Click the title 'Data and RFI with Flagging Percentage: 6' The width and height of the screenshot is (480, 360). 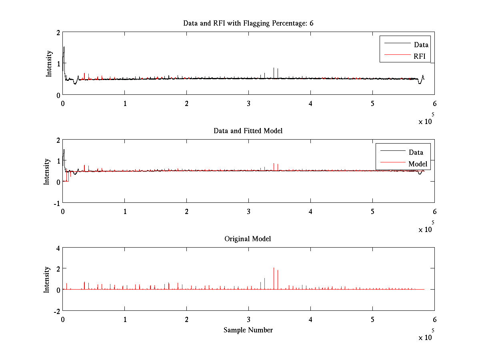(x=248, y=23)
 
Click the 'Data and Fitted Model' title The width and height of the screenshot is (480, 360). (x=248, y=131)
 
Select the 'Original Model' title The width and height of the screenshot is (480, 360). (x=248, y=239)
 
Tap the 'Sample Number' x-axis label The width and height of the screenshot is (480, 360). (x=248, y=330)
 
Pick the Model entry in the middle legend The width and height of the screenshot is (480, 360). (x=418, y=164)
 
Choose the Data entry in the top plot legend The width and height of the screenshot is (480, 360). (x=421, y=45)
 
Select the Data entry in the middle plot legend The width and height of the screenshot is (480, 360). (x=416, y=152)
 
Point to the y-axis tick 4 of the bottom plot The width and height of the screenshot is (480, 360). (x=58, y=248)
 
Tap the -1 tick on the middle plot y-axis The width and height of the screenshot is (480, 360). (x=56, y=203)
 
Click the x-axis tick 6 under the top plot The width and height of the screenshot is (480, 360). (x=434, y=104)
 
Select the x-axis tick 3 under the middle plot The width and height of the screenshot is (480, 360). (x=249, y=212)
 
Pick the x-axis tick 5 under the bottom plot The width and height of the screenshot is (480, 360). (x=372, y=320)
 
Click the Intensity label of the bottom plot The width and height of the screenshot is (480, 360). (x=47, y=279)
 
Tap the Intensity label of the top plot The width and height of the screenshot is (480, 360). (x=49, y=63)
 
